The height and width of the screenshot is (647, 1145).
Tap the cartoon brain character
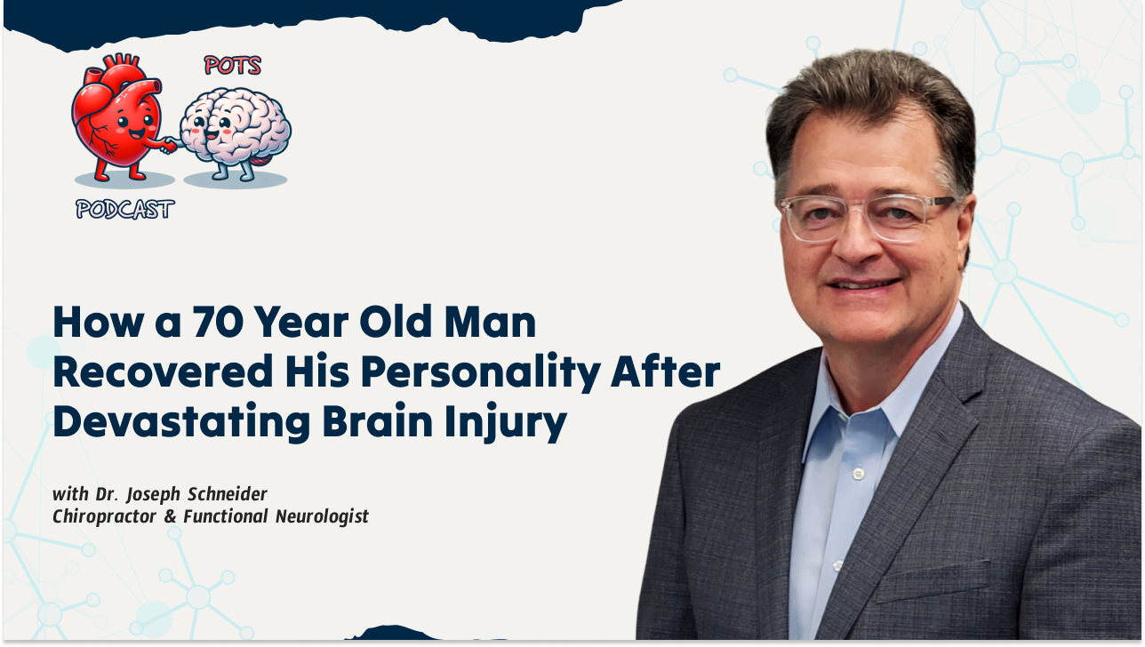(235, 132)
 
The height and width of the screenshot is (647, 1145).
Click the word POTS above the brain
(233, 66)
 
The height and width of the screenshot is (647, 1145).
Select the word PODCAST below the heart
(125, 209)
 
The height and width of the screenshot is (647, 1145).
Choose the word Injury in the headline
(506, 423)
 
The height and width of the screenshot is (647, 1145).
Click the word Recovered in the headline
(163, 371)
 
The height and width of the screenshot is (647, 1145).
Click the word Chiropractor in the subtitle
(104, 516)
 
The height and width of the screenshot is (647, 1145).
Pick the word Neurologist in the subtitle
(322, 516)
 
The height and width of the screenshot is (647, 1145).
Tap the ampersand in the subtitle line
(170, 516)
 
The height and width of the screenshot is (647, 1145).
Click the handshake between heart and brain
(169, 145)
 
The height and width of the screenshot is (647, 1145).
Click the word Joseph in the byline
(153, 494)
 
